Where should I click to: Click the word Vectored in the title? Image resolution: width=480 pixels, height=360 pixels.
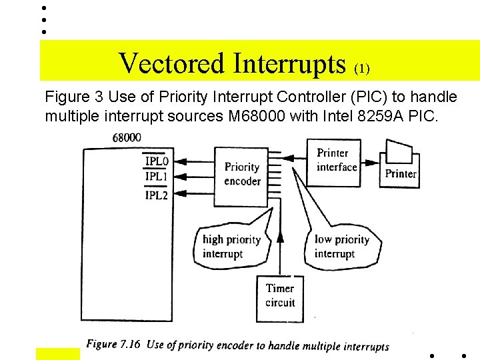tap(173, 64)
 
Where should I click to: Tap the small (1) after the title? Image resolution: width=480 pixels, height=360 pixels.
tap(362, 68)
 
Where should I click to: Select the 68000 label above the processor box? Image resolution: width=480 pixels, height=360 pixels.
tap(126, 137)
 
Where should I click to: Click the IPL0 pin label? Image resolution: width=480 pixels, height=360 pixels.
tap(156, 161)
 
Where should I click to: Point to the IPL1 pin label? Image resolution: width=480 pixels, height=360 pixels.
tap(156, 177)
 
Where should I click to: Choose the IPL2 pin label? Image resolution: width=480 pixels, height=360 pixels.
tap(156, 195)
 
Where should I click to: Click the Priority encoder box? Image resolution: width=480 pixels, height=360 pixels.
tap(241, 174)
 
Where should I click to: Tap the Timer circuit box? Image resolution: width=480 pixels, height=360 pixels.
tap(280, 295)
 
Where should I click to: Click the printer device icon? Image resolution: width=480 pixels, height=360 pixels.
tap(401, 163)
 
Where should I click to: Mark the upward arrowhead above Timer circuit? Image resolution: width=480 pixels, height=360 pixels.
tap(280, 236)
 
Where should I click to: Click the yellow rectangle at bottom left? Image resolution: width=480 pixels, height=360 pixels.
tap(57, 353)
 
